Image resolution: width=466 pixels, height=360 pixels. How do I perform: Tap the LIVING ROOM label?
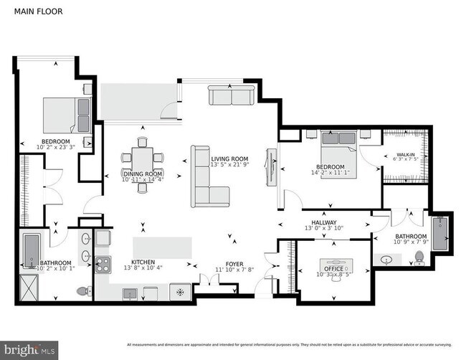pyautogui.click(x=229, y=158)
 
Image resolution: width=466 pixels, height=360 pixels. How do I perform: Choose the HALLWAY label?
pyautogui.click(x=324, y=222)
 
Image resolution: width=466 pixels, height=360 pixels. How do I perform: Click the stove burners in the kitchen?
pyautogui.click(x=103, y=264)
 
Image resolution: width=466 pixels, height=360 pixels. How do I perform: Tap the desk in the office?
pyautogui.click(x=334, y=262)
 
